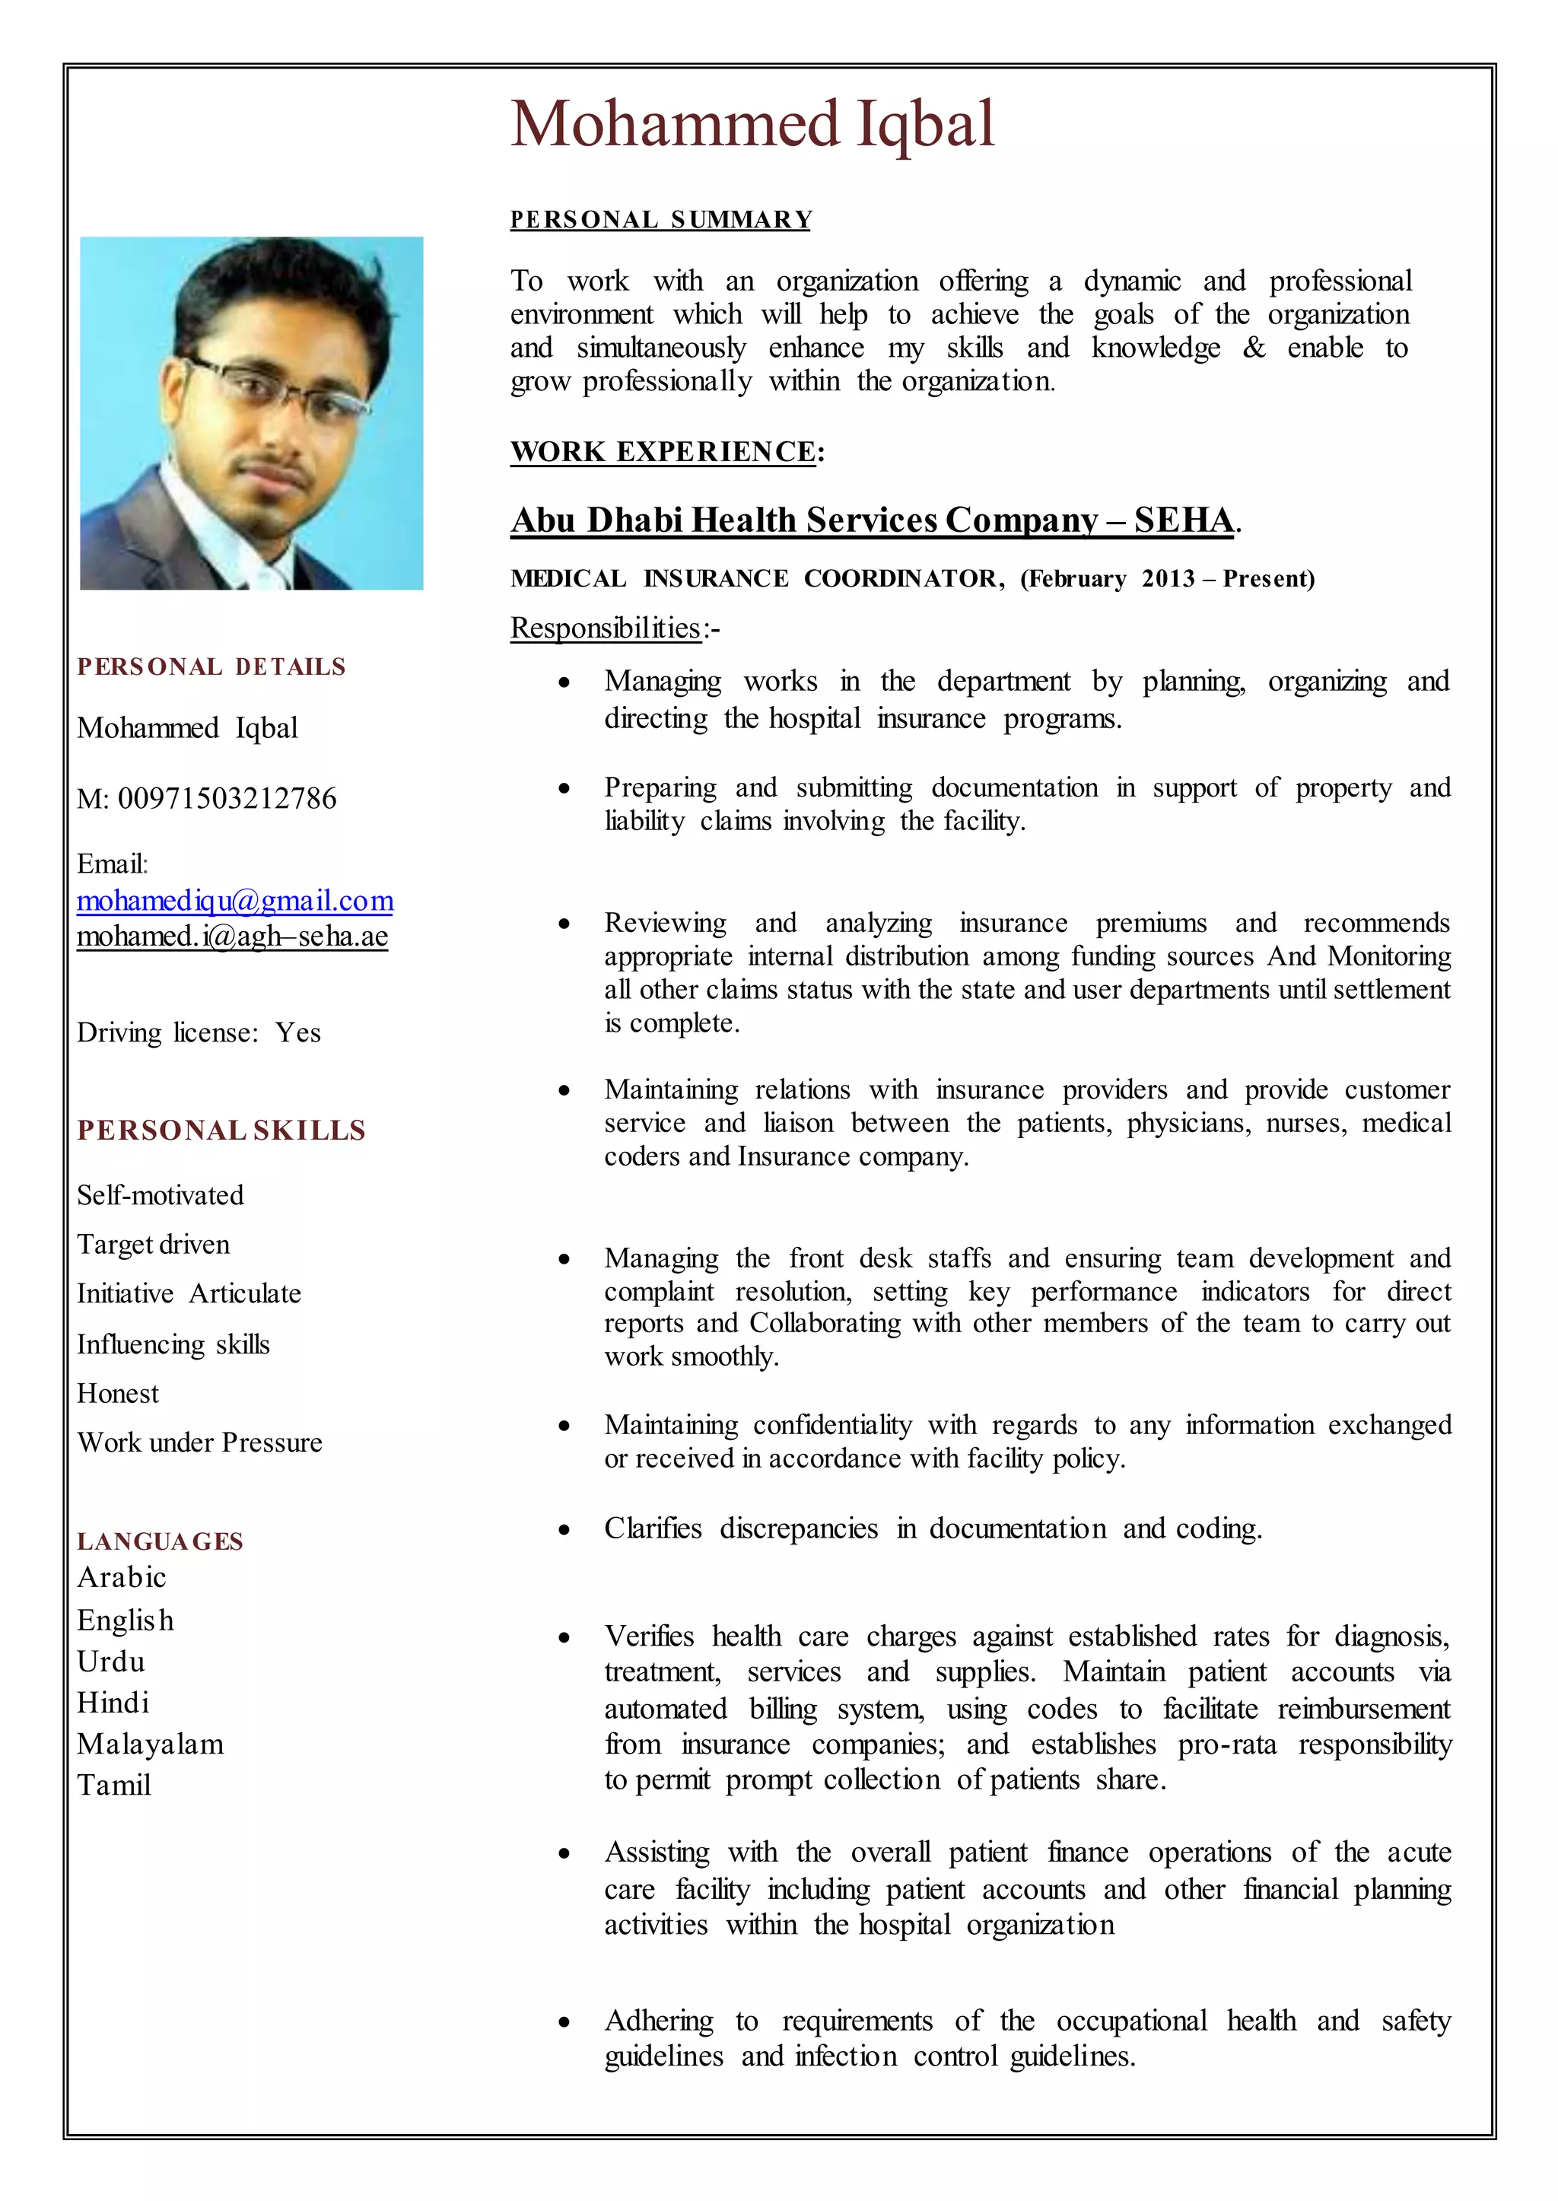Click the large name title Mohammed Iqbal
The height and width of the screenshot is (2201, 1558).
752,125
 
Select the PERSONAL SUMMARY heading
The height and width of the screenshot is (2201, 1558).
661,220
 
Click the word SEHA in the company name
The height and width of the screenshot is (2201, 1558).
1183,520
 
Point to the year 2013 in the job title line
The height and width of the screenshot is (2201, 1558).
1168,578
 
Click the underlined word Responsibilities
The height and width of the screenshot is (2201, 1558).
606,628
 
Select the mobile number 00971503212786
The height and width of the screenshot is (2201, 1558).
227,798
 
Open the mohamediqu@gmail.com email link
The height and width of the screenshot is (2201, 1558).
235,901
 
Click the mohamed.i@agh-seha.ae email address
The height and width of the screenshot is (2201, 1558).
232,936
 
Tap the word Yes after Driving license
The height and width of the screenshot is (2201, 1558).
297,1032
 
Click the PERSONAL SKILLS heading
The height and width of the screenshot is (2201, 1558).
221,1131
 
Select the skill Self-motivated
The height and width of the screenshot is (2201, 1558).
161,1195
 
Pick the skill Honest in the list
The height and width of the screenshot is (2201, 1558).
118,1393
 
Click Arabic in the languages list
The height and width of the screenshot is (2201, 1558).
122,1577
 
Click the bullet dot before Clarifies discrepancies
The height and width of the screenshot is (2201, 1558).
565,1530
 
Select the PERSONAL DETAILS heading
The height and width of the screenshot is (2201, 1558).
211,666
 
